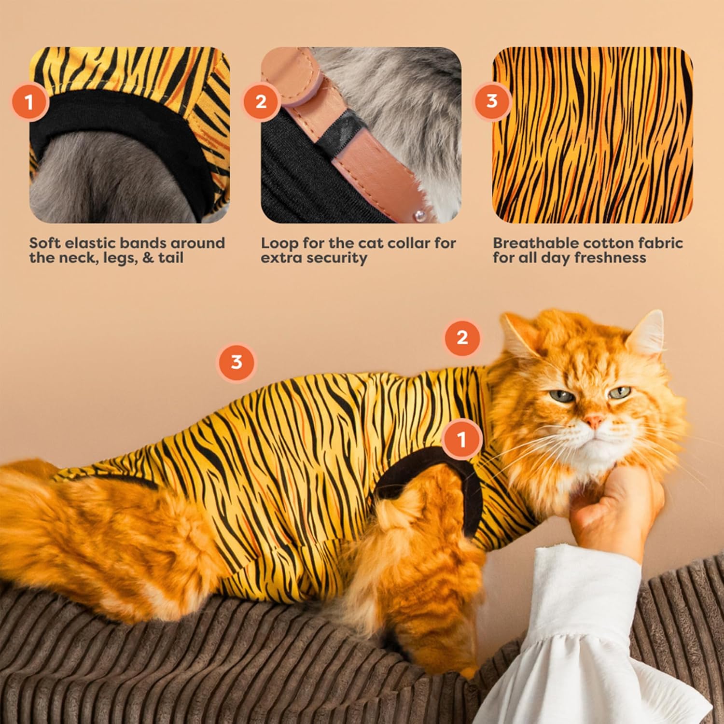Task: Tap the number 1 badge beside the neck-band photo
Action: tap(29, 102)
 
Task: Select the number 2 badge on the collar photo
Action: tap(261, 102)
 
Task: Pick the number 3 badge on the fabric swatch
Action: tap(492, 101)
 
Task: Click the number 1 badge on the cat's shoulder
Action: tap(462, 439)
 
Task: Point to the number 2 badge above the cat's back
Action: tap(462, 337)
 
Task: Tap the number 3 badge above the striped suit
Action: tap(237, 362)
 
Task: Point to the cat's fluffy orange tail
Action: tap(111, 531)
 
